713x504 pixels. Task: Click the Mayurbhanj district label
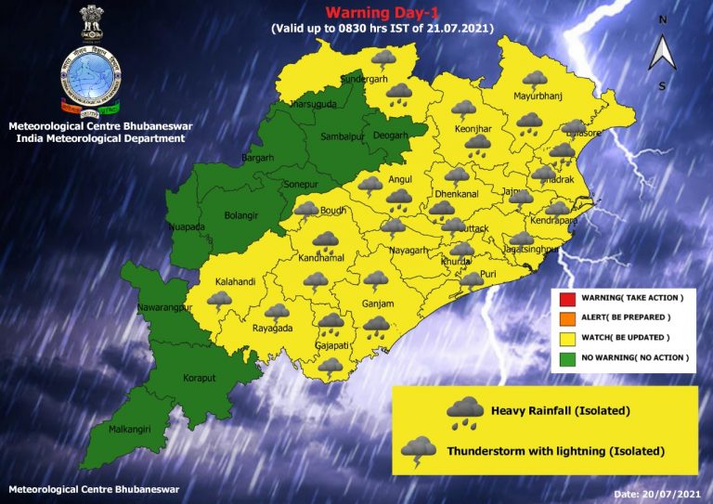[x=539, y=97]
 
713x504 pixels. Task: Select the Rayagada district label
[x=273, y=329]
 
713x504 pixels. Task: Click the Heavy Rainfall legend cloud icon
[x=464, y=411]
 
